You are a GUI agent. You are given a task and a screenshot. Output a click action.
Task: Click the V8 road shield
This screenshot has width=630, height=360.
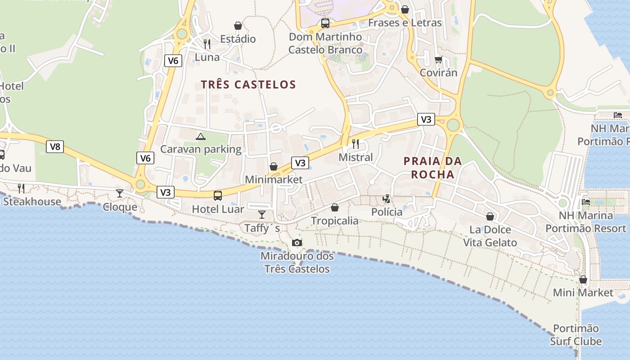pyautogui.click(x=54, y=146)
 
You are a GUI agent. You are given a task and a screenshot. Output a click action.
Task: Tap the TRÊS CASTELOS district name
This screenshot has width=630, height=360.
pyautogui.click(x=248, y=85)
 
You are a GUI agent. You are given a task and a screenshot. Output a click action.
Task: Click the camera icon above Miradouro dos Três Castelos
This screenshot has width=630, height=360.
pyautogui.click(x=297, y=243)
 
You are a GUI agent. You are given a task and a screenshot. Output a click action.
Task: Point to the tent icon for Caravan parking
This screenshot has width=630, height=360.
pyautogui.click(x=201, y=136)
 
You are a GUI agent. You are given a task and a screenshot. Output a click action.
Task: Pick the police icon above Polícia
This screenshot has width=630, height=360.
pyautogui.click(x=387, y=198)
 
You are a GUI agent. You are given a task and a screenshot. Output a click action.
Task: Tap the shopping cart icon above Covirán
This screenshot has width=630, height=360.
pyautogui.click(x=438, y=59)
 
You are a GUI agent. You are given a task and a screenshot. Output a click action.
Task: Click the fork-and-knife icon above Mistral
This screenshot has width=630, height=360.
pyautogui.click(x=355, y=144)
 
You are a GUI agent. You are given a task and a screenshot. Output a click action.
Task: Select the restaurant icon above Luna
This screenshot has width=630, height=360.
pyautogui.click(x=207, y=44)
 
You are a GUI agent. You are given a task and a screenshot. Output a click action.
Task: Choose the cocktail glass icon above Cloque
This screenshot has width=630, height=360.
pyautogui.click(x=120, y=193)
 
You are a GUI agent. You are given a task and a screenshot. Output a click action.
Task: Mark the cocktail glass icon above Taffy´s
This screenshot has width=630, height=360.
pyautogui.click(x=262, y=214)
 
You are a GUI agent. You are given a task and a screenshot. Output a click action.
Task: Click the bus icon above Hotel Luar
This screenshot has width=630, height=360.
pyautogui.click(x=218, y=195)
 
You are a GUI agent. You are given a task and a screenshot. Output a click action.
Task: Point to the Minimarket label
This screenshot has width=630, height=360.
pyautogui.click(x=274, y=180)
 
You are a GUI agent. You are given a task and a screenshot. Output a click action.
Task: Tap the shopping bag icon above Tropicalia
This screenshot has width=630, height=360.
pyautogui.click(x=335, y=207)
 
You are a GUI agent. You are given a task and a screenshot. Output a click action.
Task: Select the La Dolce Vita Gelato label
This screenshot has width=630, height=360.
pyautogui.click(x=490, y=236)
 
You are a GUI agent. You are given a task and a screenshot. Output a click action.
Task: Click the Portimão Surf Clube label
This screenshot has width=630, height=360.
pyautogui.click(x=576, y=335)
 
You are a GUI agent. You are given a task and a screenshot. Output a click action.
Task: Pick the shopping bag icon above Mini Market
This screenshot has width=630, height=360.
pyautogui.click(x=583, y=279)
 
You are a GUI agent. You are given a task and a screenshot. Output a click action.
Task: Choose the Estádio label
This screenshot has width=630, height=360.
pyautogui.click(x=238, y=39)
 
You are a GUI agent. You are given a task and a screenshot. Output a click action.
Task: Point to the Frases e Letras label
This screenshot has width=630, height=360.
pyautogui.click(x=405, y=22)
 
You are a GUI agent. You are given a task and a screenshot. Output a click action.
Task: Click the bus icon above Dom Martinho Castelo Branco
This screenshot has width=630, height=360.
pyautogui.click(x=325, y=23)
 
